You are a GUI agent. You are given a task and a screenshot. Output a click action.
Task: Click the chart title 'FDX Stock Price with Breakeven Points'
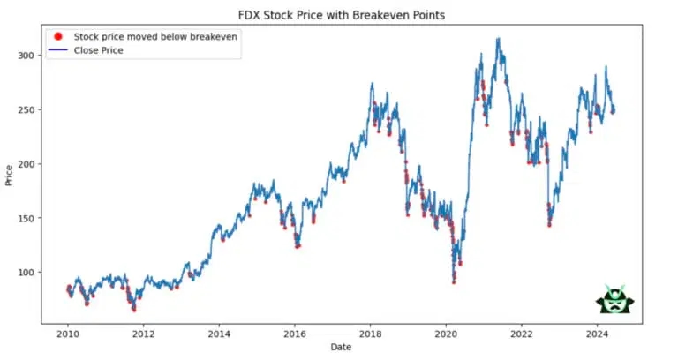(340, 15)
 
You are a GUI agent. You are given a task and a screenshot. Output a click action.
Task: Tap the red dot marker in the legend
(57, 37)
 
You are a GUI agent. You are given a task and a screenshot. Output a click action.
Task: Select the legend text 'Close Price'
(99, 50)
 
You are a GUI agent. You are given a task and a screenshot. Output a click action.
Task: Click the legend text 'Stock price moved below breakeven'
(155, 37)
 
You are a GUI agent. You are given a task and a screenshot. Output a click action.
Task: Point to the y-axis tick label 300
(26, 56)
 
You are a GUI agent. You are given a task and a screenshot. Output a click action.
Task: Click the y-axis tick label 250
(26, 110)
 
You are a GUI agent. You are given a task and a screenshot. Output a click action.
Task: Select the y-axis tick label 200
(26, 164)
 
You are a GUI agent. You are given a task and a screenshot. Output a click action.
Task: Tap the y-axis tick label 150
(26, 218)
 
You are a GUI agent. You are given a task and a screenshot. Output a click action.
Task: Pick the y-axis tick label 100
(26, 273)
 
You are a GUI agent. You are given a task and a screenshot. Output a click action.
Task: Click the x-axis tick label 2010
(68, 334)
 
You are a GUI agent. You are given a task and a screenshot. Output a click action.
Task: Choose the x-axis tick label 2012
(144, 334)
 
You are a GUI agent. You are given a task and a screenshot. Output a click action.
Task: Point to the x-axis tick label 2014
(219, 334)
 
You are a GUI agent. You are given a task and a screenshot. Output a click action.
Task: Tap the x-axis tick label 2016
(295, 334)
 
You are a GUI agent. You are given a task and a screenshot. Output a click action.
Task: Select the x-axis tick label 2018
(371, 334)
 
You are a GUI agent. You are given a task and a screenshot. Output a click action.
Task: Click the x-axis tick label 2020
(446, 334)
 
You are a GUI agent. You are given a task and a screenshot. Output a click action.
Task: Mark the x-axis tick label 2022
(522, 334)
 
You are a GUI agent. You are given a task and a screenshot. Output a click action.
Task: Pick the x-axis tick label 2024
(598, 334)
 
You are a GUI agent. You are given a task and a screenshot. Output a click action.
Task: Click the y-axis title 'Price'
(9, 175)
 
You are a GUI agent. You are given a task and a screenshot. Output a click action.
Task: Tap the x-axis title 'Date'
(340, 349)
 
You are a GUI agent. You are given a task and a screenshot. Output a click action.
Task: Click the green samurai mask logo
(615, 300)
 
